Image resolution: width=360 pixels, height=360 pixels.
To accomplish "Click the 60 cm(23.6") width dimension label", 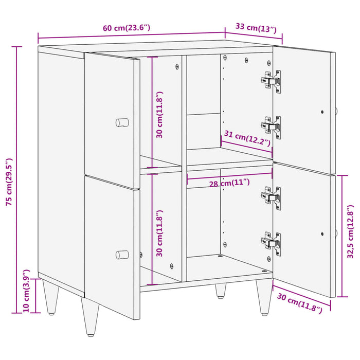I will [127, 28].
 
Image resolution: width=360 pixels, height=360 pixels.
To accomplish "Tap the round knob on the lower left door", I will [122, 254].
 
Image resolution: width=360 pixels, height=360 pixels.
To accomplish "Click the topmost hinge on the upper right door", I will [271, 80].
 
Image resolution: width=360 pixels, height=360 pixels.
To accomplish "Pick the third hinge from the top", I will [271, 196].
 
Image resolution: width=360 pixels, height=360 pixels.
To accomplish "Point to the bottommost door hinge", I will [271, 241].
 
